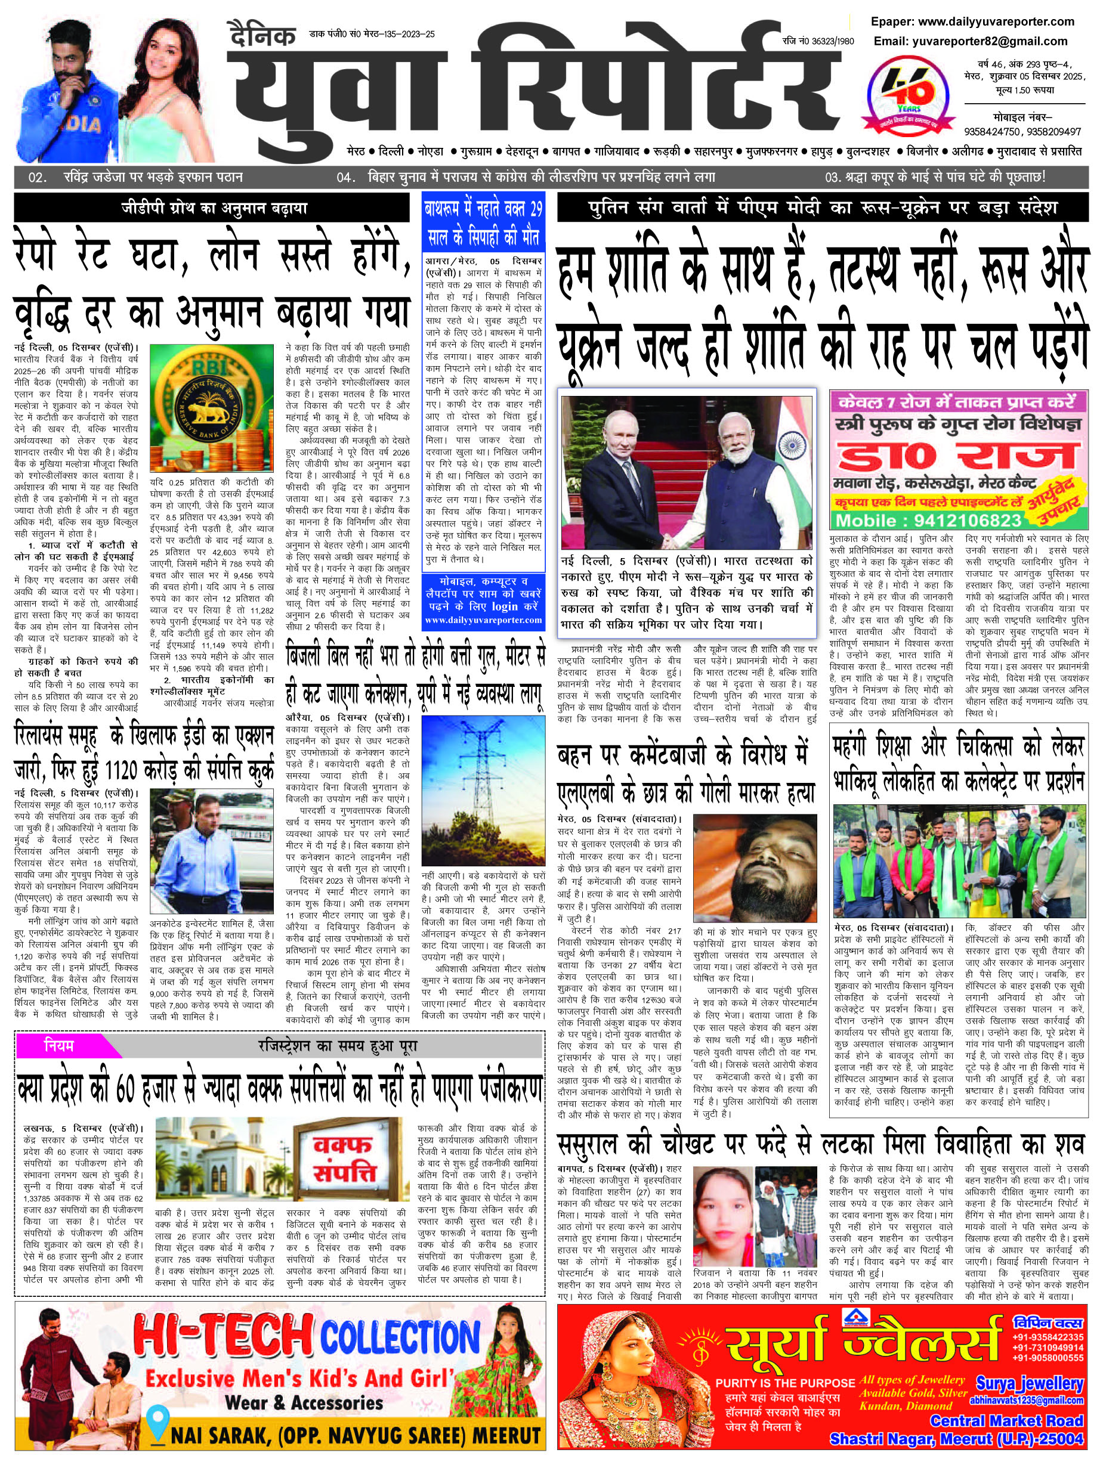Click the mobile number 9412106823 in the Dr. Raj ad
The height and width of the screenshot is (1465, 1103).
pyautogui.click(x=946, y=520)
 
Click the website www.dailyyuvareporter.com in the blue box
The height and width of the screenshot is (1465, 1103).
pyautogui.click(x=483, y=620)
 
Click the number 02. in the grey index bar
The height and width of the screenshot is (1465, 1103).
pyautogui.click(x=37, y=177)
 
